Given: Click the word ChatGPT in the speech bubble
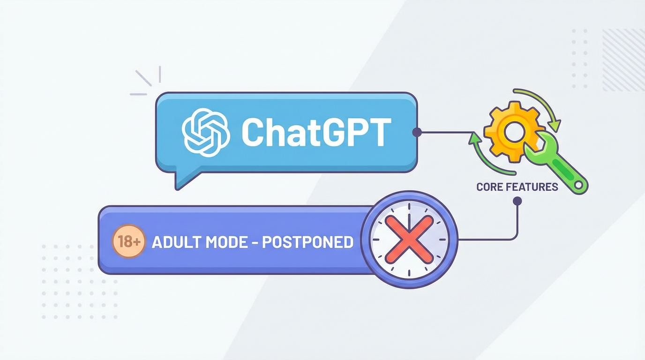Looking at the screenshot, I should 316,132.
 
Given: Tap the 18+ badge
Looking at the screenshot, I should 128,242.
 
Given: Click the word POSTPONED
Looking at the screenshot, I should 307,242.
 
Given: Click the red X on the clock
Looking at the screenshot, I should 409,239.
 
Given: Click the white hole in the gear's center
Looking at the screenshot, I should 514,132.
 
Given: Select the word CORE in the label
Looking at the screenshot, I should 490,187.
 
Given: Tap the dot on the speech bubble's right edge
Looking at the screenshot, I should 416,132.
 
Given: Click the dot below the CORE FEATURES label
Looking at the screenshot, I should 517,201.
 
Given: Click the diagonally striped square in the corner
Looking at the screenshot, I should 622,60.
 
